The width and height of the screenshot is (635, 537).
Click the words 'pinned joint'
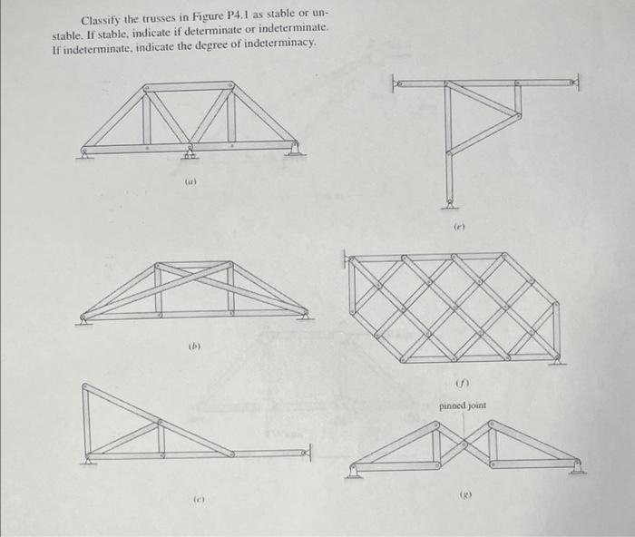(463, 405)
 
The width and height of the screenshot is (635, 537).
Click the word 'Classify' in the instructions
(100, 20)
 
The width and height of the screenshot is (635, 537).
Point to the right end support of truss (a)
(295, 151)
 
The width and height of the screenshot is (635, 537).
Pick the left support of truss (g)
(354, 471)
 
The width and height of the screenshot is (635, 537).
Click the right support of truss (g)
(577, 469)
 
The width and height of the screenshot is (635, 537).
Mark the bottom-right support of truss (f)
(556, 360)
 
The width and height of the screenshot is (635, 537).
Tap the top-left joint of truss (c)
(85, 386)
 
